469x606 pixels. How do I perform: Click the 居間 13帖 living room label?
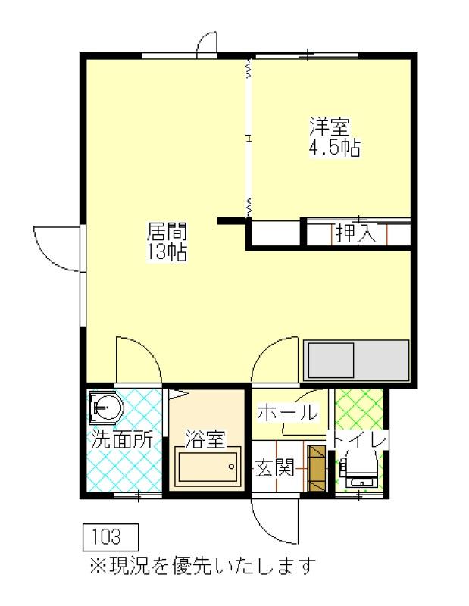click(167, 242)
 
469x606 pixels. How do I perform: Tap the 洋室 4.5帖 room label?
click(335, 136)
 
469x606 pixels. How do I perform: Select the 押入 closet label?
click(355, 233)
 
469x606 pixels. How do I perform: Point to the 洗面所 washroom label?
click(122, 439)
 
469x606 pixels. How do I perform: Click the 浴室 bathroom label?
click(205, 439)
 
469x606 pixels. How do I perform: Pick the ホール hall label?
click(288, 412)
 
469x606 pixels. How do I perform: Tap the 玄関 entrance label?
click(275, 467)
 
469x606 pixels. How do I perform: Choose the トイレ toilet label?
click(358, 439)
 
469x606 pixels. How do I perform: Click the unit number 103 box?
click(111, 537)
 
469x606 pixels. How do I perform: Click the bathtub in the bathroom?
click(208, 467)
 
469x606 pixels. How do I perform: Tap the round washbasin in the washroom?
click(106, 408)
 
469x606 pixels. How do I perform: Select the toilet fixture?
click(359, 471)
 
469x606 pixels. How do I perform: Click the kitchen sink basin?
click(331, 361)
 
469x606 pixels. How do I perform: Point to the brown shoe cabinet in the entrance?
click(317, 468)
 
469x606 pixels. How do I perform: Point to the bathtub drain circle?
click(232, 467)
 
